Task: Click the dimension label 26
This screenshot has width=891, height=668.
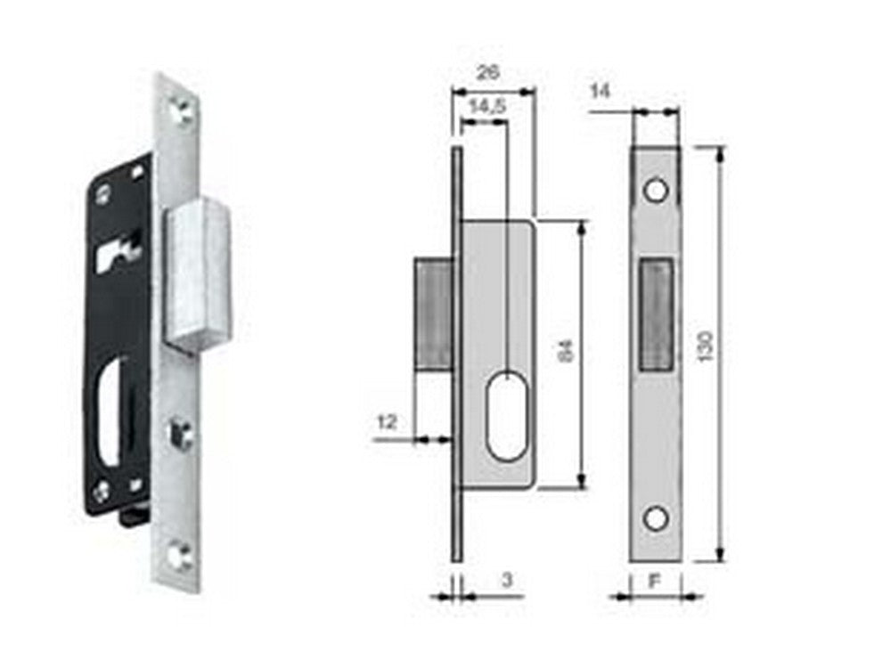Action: pyautogui.click(x=486, y=73)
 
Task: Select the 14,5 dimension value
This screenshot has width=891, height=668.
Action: pyautogui.click(x=486, y=106)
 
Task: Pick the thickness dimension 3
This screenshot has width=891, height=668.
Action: pyautogui.click(x=506, y=580)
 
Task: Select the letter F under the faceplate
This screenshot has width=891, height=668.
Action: pyautogui.click(x=653, y=581)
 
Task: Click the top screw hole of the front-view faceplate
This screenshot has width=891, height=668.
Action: pyautogui.click(x=657, y=191)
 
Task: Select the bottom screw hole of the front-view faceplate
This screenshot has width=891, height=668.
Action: pyautogui.click(x=657, y=517)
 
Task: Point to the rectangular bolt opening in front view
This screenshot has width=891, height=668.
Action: pyautogui.click(x=657, y=313)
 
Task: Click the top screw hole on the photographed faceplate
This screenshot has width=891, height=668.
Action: pyautogui.click(x=181, y=111)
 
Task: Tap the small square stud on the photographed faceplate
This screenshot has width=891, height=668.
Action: pyautogui.click(x=182, y=434)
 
